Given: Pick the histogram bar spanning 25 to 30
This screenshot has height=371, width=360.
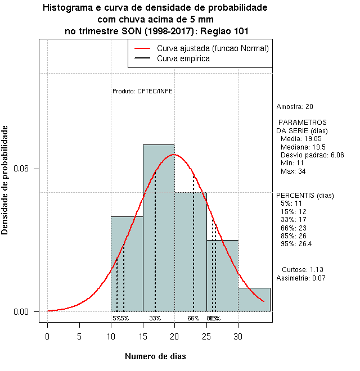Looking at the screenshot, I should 222,275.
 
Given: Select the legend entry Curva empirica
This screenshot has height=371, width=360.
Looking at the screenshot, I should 183,58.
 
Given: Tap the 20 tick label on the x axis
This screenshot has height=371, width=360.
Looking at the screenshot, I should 174,337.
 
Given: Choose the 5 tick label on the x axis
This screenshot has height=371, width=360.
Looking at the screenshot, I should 79,337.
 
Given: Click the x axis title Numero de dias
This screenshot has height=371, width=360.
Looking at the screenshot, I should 155,356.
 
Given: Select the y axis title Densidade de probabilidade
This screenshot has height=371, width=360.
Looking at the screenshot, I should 6,180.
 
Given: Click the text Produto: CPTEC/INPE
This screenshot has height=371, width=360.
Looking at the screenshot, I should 142,91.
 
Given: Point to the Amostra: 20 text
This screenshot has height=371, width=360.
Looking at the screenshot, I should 295,107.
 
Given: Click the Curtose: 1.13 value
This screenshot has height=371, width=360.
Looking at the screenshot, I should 302,270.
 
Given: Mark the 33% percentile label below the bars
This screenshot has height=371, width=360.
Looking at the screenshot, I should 155,318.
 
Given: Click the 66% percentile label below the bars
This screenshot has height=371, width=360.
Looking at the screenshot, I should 193,318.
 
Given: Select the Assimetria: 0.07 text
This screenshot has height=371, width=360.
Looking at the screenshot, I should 301,278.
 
